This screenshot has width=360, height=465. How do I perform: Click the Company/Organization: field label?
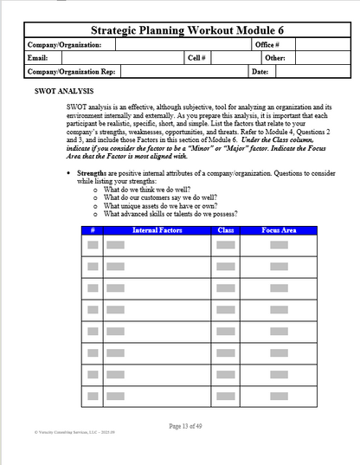click(65, 44)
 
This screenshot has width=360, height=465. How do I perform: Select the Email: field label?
click(38, 57)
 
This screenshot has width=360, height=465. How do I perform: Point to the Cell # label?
click(196, 57)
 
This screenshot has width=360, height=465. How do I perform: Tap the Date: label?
click(260, 71)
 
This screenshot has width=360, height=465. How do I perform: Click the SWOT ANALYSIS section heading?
click(64, 89)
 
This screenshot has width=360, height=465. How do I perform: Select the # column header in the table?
click(92, 230)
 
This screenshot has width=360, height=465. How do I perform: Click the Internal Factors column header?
click(157, 230)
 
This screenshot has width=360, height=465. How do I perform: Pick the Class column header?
click(226, 230)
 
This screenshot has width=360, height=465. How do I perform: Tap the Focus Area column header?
click(280, 230)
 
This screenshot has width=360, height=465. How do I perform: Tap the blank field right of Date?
click(303, 71)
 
